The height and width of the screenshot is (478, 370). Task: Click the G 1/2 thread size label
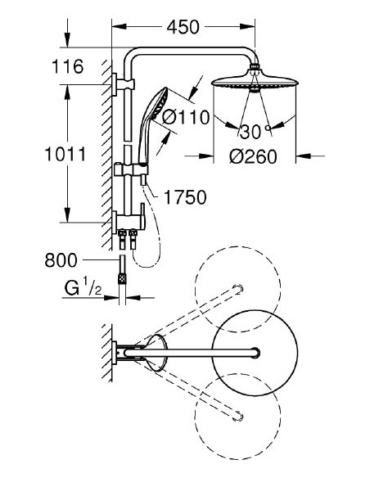coord(83,289)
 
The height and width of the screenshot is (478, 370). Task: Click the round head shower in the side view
coord(256,83)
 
